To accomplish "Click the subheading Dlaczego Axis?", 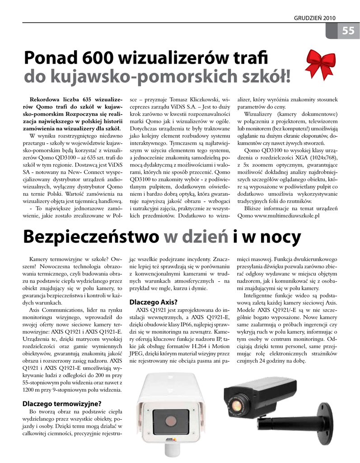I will (x=154, y=302).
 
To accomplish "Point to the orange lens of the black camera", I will (x=237, y=402).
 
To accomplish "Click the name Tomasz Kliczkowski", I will (x=196, y=99).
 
